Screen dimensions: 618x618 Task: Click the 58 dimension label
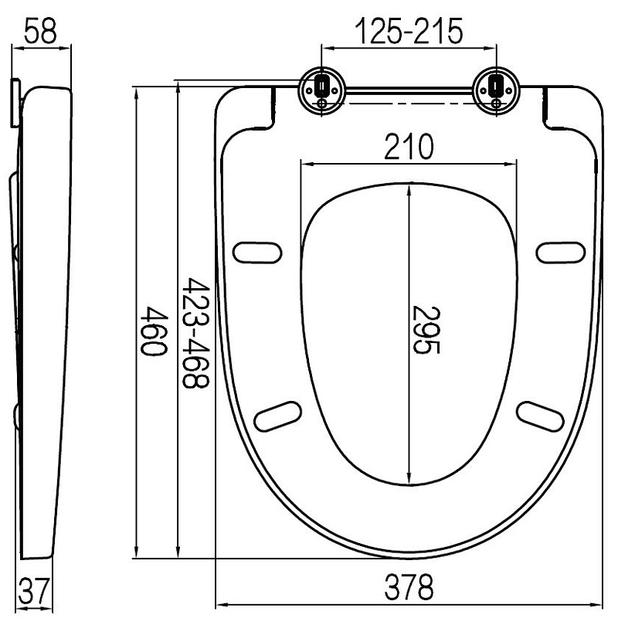coord(40,31)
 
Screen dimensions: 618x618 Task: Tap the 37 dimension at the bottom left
coord(33,590)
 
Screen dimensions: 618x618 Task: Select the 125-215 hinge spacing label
coord(409,31)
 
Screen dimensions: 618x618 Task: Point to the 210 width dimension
coord(409,147)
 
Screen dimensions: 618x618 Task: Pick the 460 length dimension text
coord(154,331)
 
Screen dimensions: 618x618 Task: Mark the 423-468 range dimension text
coord(195,333)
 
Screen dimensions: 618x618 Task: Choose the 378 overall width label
coord(409,587)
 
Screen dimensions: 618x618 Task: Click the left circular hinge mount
coord(322,90)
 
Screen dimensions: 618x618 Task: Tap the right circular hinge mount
coord(496,90)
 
